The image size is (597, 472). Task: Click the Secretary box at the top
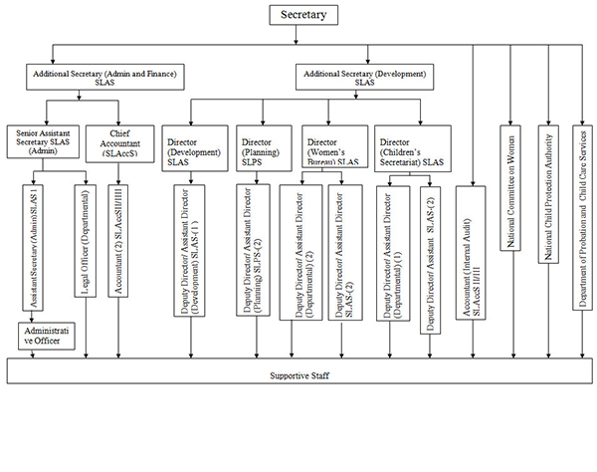[304, 15]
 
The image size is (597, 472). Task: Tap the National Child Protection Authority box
[548, 194]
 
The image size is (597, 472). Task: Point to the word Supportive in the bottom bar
[288, 375]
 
